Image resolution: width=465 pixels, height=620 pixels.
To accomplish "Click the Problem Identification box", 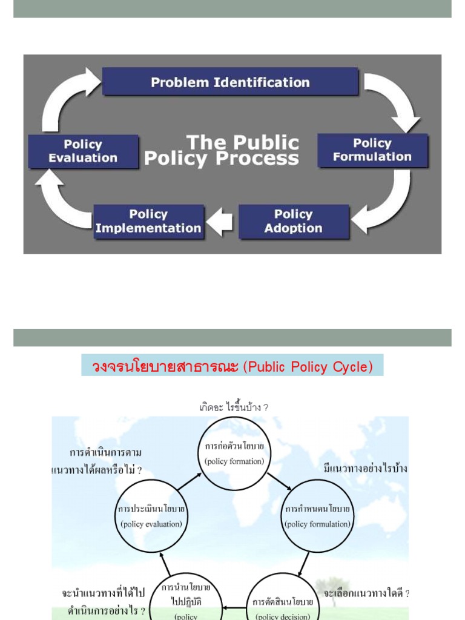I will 230,82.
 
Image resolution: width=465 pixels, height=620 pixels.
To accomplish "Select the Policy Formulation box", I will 372,150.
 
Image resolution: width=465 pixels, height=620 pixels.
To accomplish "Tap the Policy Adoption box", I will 294,222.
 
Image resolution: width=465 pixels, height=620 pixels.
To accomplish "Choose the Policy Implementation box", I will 148,222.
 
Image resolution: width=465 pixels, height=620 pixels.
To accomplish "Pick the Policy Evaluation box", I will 83,151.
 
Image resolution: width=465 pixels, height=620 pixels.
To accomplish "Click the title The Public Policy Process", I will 222,151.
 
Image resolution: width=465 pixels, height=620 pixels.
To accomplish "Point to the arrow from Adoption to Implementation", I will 220,222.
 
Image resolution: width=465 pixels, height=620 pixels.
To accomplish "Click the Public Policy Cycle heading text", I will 232,367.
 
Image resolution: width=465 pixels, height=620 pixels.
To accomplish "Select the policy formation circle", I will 234,454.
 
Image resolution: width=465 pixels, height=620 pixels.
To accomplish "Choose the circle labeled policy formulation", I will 317,516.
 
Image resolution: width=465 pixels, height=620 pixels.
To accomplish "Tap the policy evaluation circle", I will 151,516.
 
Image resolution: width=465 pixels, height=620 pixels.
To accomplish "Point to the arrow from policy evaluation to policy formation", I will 190,483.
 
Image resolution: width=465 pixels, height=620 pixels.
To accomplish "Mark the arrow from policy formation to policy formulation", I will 279,481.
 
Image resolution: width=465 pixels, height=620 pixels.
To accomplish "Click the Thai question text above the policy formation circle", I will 234,407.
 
